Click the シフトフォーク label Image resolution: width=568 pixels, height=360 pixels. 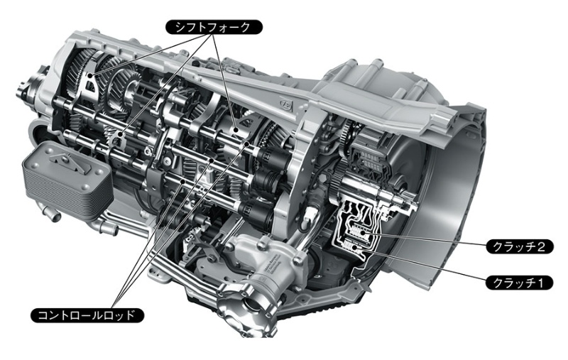[x=214, y=27]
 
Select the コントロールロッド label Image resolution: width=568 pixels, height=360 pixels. [x=87, y=315]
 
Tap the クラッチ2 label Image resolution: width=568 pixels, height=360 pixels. [x=519, y=246]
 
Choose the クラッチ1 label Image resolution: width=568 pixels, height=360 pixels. [x=519, y=283]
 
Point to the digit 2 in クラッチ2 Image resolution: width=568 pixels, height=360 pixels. [x=541, y=246]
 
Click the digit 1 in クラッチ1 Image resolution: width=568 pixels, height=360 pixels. [x=541, y=283]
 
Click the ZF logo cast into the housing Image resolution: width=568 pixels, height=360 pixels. [x=286, y=104]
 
